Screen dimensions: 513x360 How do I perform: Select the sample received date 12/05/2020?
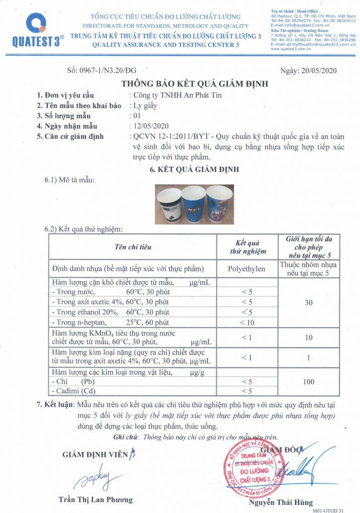coord(149,126)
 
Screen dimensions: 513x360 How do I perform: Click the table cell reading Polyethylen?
coord(247,269)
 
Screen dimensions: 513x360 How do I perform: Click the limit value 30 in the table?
coord(309,302)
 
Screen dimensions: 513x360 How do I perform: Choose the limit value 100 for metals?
coord(309,382)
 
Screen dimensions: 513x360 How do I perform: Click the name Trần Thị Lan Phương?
coord(96,499)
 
